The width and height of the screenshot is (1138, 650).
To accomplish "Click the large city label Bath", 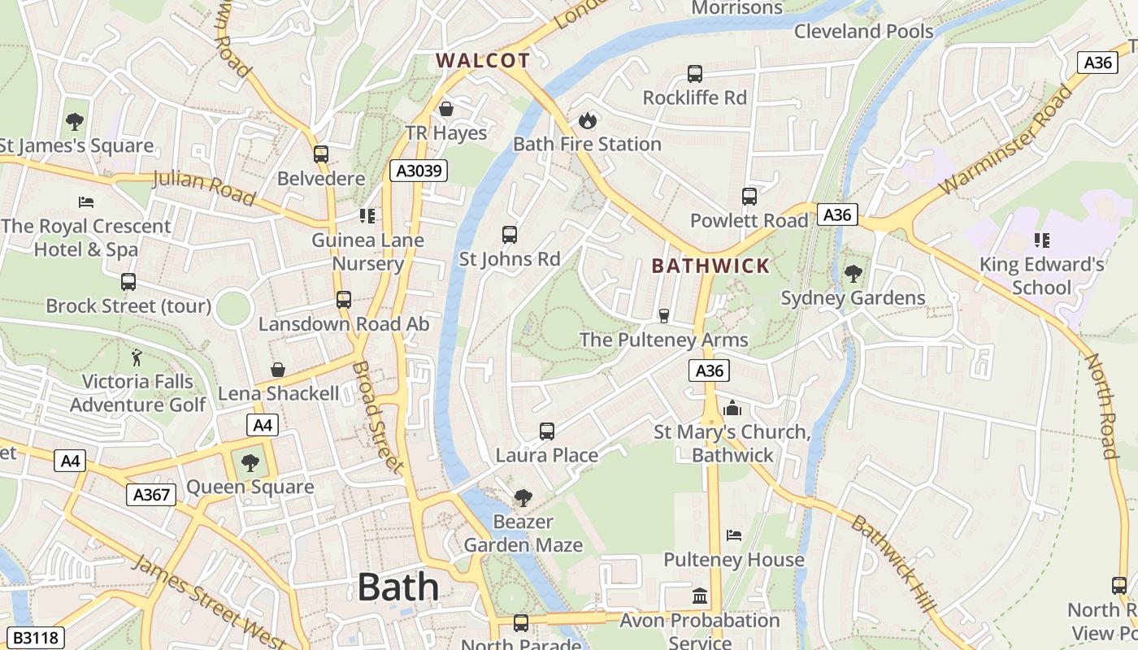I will tap(397, 587).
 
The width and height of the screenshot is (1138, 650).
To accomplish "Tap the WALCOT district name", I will tap(483, 60).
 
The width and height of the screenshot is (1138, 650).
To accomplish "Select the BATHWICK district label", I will tap(710, 266).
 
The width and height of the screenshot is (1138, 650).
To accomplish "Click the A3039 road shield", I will tap(419, 171).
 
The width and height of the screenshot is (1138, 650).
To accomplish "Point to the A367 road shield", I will tap(151, 495).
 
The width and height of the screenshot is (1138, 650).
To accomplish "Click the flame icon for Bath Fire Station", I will tap(587, 121).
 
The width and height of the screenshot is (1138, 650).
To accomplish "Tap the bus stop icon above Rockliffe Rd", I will tap(695, 74).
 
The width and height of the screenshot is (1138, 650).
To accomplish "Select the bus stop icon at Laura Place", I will tap(547, 431).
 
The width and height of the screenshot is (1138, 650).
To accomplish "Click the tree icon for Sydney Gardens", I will tap(853, 274).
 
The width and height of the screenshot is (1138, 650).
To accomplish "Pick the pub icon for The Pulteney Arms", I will tap(664, 315).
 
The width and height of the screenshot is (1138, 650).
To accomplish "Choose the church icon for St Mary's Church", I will tap(732, 408).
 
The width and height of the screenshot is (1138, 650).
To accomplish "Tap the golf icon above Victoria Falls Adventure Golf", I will tap(137, 357).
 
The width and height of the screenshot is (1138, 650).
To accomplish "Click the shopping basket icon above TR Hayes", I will tap(446, 109).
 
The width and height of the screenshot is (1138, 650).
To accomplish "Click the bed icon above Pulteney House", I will tap(733, 535).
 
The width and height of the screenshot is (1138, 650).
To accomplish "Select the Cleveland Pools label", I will tap(863, 32).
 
